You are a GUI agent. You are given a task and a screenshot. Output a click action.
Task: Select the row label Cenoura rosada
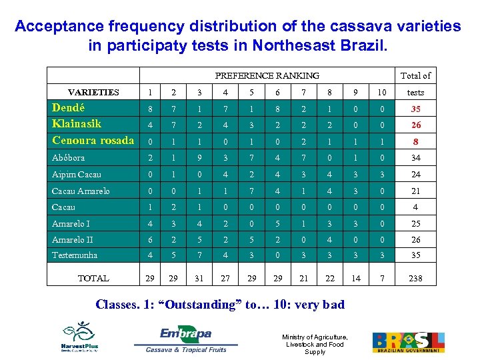pyautogui.click(x=93, y=140)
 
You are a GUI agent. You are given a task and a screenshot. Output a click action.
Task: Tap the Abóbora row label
pyautogui.click(x=69, y=158)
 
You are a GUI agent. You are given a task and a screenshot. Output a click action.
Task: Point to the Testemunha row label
pyautogui.click(x=75, y=255)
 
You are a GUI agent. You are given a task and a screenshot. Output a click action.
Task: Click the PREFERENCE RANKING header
pyautogui.click(x=267, y=75)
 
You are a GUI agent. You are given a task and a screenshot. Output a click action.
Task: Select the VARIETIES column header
pyautogui.click(x=93, y=93)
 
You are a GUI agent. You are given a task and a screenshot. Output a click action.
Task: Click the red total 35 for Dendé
pyautogui.click(x=415, y=109)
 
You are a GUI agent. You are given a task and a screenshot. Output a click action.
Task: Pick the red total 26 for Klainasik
pyautogui.click(x=415, y=125)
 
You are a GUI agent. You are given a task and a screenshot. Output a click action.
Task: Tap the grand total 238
pyautogui.click(x=415, y=278)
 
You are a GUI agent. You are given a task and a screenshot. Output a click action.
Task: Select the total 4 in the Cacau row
pyautogui.click(x=415, y=207)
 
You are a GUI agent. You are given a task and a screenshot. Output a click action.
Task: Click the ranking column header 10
pyautogui.click(x=381, y=93)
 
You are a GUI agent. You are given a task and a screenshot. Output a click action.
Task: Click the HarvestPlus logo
pyautogui.click(x=80, y=337)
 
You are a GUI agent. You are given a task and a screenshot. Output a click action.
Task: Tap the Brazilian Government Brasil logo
pyautogui.click(x=407, y=341)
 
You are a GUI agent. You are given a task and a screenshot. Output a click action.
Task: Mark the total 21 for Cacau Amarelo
pyautogui.click(x=415, y=191)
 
